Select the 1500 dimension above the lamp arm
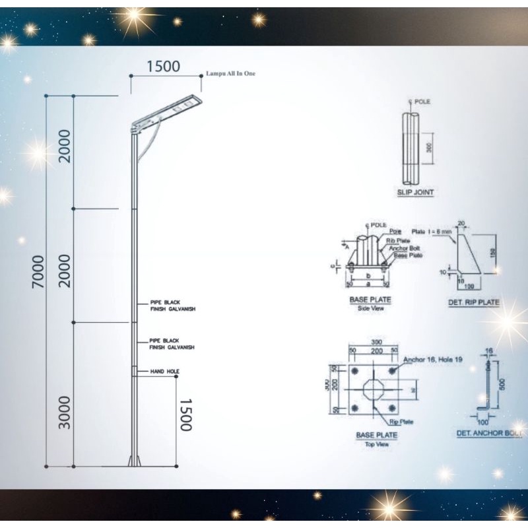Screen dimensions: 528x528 point(163,67)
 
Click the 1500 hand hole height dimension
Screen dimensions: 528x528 point(185,414)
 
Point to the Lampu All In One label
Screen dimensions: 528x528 point(230,74)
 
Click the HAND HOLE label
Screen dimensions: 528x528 point(164,372)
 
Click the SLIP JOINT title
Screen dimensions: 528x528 point(415,193)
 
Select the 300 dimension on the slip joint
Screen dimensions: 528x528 point(429,148)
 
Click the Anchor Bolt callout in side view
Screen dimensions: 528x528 point(404,248)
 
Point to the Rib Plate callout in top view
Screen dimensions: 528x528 point(401,421)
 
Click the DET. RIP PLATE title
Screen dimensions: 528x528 point(473,302)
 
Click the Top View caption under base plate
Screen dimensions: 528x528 point(377,444)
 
